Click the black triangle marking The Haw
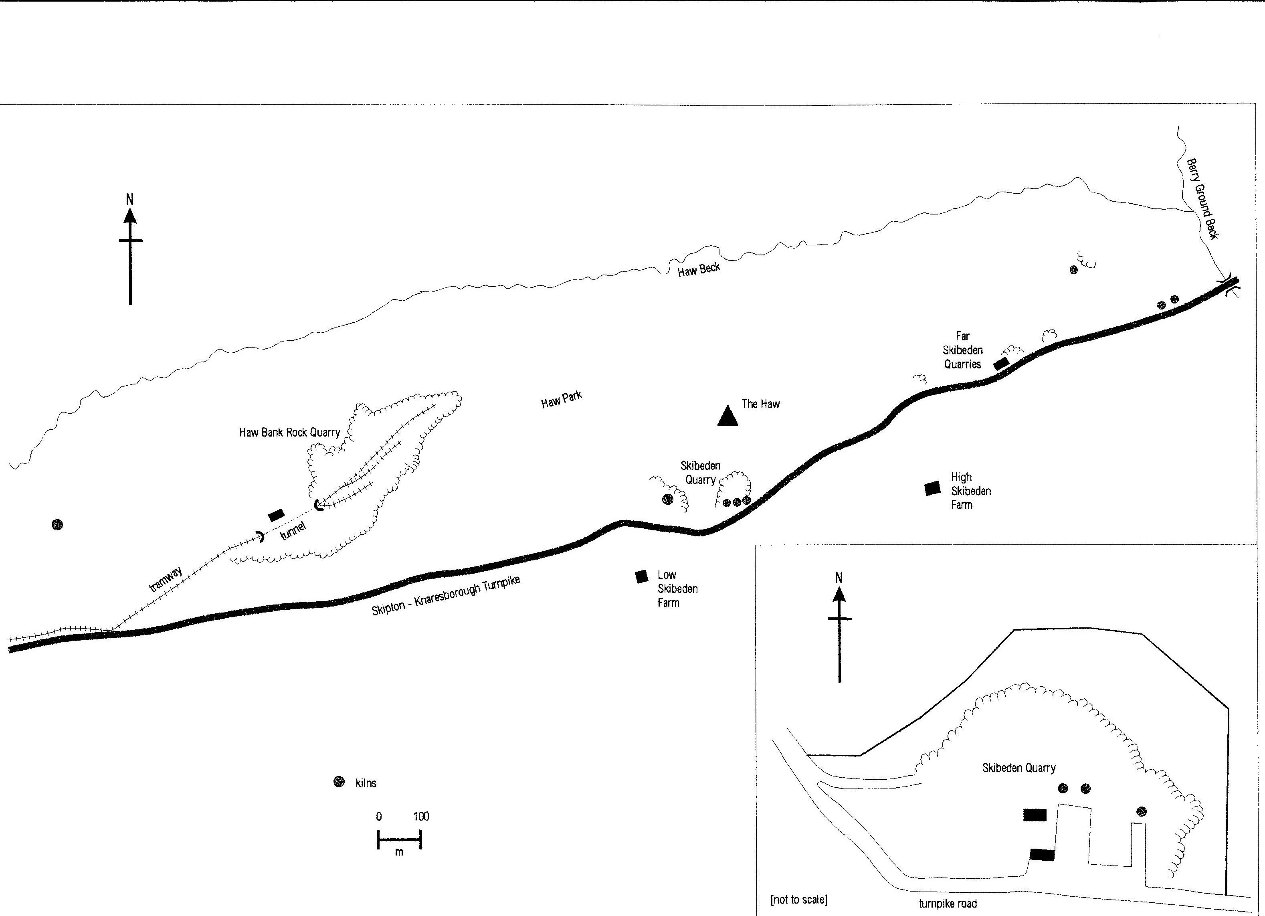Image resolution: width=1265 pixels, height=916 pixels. coord(727,416)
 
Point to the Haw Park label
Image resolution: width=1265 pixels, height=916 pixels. coord(561,399)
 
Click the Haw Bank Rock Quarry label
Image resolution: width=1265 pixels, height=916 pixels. coord(289,432)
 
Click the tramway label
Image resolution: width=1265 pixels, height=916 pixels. coord(166,578)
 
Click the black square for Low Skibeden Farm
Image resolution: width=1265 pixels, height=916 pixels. coord(641,576)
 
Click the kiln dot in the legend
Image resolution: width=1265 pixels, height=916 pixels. coord(339,782)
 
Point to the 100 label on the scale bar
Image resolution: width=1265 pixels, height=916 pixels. coord(421,817)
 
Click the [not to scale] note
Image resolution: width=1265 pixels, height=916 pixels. coord(799,899)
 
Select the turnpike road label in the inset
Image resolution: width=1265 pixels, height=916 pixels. coord(948,904)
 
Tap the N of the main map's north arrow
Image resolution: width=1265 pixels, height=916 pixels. coord(130,198)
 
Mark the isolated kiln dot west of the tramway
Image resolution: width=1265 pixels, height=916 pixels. coord(57,524)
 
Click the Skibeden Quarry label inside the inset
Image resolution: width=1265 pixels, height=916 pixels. coord(1018,768)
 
